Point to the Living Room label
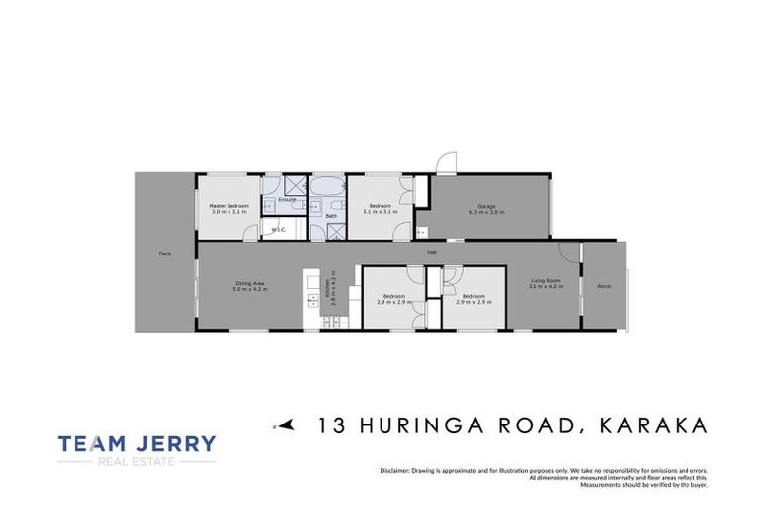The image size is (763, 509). pos(545,280)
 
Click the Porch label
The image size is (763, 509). pos(604,287)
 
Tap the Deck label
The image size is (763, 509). pos(165,254)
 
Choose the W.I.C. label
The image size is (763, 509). pos(278,230)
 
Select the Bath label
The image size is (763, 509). pos(331,215)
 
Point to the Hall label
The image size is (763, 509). pos(432,252)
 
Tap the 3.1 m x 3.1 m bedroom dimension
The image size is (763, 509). pos(380,212)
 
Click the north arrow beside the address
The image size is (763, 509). pos(286,425)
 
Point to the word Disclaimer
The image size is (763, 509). pos(394,470)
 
